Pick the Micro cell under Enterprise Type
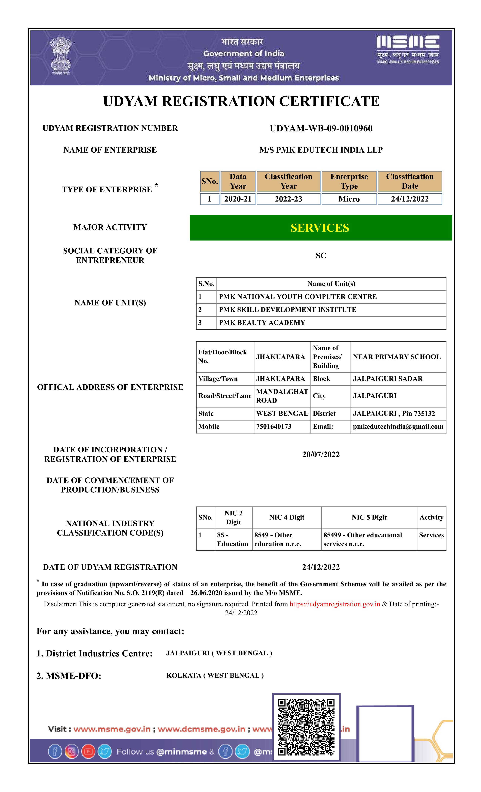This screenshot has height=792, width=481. tap(349, 199)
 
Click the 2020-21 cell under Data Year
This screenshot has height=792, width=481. tap(238, 199)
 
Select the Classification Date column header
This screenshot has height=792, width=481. tap(410, 181)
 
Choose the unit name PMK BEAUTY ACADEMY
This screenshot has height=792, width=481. tap(262, 323)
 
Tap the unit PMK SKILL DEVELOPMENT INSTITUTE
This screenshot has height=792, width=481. tap(287, 310)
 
